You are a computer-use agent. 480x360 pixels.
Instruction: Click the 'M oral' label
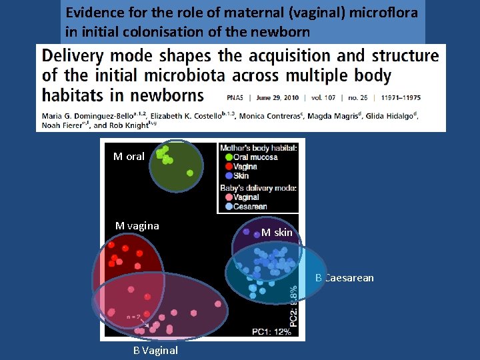129,157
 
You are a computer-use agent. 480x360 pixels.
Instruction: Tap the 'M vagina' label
137,225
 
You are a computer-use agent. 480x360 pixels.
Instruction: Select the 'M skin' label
277,233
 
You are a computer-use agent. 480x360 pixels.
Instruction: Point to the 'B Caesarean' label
345,277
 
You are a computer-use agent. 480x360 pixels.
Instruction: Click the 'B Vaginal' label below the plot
155,350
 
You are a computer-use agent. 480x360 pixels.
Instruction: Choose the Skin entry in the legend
241,176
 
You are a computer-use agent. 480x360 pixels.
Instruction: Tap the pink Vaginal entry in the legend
246,197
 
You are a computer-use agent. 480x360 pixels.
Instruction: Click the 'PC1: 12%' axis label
272,331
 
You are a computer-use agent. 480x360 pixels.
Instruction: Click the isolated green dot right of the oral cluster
190,173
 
